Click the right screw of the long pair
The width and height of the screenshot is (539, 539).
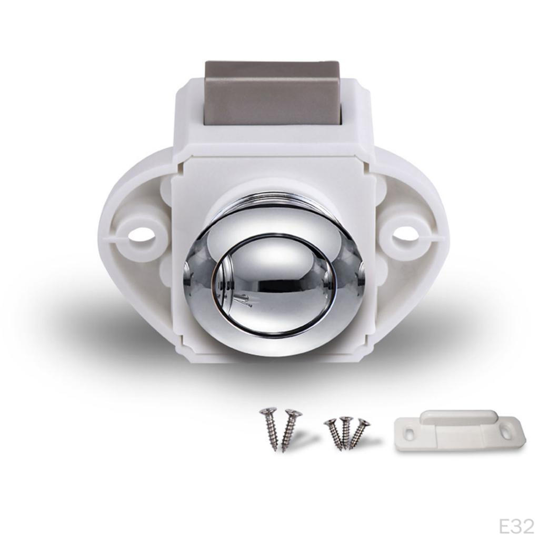tap(290, 430)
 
